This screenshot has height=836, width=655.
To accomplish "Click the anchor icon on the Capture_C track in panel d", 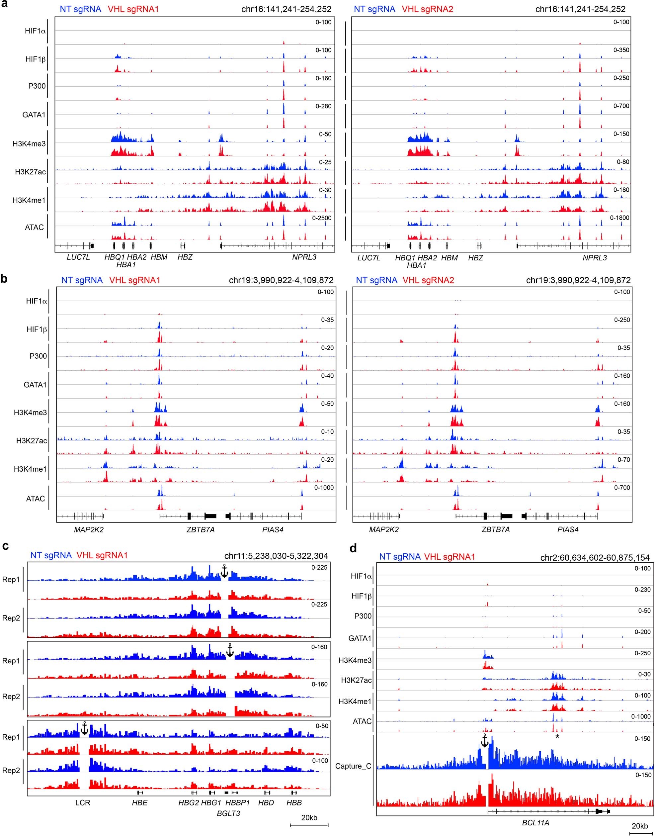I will point(484,741).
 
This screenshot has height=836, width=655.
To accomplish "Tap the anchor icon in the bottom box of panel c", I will point(84,728).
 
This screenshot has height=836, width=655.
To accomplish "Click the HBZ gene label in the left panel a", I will point(185,257).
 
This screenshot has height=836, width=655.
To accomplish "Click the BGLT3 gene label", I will point(228,813).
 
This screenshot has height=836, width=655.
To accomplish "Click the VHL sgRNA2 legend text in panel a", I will point(427,9).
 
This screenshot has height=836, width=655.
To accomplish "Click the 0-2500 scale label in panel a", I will point(321,218).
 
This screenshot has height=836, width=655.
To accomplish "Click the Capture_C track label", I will point(353,766).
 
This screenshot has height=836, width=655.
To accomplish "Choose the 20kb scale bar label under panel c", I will point(309,818).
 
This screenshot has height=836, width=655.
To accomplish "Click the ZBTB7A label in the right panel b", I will point(495,529).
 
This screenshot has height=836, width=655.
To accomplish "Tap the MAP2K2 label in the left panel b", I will point(89,529).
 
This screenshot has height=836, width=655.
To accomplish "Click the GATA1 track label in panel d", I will point(360,638).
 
